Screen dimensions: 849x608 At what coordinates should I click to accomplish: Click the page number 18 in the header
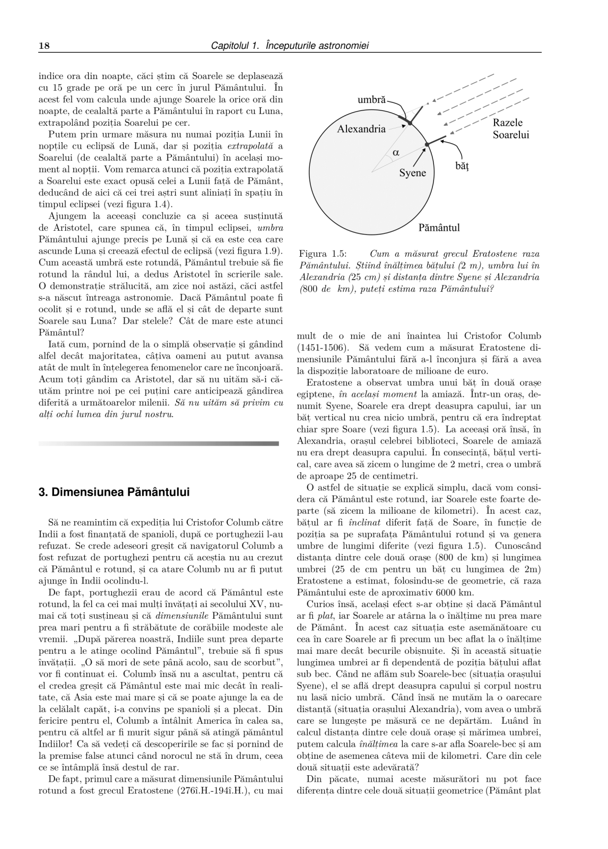coord(44,46)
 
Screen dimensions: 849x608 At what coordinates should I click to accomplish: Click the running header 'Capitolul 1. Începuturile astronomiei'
coord(290,46)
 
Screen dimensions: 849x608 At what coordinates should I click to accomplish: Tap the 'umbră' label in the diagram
coord(372,99)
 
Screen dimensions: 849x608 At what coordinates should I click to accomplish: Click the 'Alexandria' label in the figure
coord(361,129)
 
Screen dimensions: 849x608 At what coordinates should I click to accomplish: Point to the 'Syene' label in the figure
coord(412,173)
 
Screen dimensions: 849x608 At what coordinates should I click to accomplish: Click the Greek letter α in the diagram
coord(396,152)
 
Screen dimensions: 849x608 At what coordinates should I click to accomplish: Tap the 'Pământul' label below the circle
coord(439,228)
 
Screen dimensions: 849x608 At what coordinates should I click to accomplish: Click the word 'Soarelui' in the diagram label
coord(510,135)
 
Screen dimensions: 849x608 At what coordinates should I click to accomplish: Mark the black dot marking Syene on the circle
coord(427,144)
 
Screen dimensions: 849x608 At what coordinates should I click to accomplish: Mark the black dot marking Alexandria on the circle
coord(410,124)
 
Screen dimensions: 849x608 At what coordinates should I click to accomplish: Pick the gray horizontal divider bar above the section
coord(159,443)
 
